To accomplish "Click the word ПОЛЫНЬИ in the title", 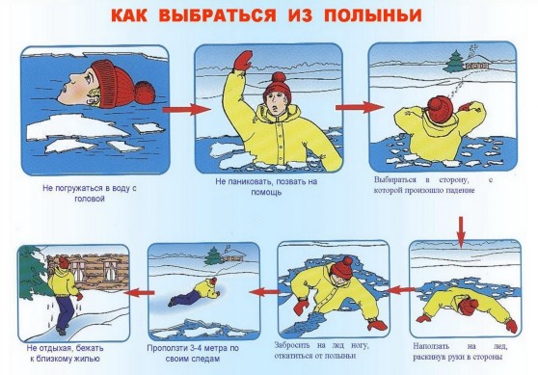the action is point(372,15).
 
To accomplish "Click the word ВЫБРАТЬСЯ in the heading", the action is point(218,15).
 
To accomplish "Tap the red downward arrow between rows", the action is point(461,232).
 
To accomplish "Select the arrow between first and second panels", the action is point(187,110).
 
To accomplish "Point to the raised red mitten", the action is point(243,61).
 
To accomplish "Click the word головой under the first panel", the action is point(90,199).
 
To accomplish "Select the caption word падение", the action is point(461,190).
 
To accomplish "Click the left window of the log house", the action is point(81,269).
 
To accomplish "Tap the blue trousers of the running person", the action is point(65,312).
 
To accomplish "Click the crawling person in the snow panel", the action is point(194,292).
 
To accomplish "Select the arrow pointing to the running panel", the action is point(139,293).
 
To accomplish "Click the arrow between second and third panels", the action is point(360,107).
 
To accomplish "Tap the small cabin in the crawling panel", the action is point(234,255).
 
